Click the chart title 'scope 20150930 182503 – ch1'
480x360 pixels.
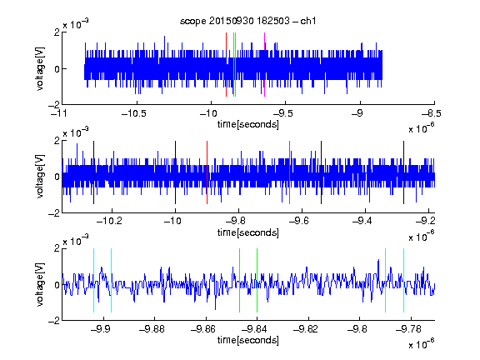tap(248, 21)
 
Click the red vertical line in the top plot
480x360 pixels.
tap(226, 65)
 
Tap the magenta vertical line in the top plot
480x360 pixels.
tap(264, 65)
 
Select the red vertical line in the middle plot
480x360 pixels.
tap(207, 172)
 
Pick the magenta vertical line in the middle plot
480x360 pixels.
tap(290, 172)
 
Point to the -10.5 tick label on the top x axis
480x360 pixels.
tap(134, 113)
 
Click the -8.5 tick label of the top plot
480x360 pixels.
tap(432, 113)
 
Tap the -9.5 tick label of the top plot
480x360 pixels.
tap(282, 113)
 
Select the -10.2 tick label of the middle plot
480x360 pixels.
tap(109, 221)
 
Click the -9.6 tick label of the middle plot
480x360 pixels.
tap(299, 221)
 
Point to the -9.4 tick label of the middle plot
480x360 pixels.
tap(362, 221)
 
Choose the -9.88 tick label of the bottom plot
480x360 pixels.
tap(152, 329)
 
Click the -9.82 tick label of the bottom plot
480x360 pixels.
tap(306, 329)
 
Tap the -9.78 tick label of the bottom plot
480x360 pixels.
tap(408, 329)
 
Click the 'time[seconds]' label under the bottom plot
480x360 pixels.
tap(248, 340)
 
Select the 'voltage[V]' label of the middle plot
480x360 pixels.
tap(40, 177)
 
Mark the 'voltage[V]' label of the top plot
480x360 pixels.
tap(40, 68)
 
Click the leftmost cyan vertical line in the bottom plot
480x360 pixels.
tap(93, 280)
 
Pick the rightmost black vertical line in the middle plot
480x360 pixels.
tap(403, 172)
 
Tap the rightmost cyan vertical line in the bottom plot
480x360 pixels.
tap(403, 280)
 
